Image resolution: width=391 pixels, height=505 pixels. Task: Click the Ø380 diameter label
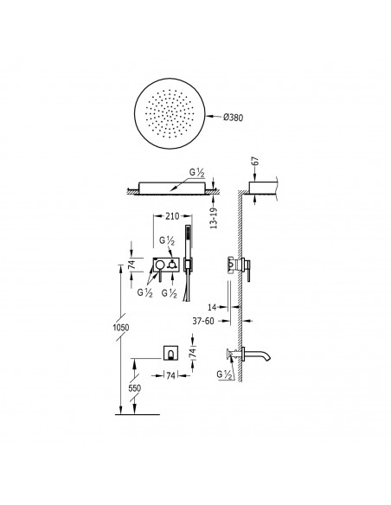[x=234, y=118]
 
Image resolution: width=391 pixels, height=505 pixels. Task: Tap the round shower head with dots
[x=170, y=113]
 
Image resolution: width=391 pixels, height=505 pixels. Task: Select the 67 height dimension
[x=255, y=161]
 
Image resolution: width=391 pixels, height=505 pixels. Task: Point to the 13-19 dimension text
[x=214, y=218]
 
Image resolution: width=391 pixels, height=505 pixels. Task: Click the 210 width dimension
[x=172, y=216]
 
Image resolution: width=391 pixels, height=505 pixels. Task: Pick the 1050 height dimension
[x=121, y=328]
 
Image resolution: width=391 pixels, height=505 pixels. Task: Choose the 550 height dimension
[x=135, y=388]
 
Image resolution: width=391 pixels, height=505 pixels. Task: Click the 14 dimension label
[x=212, y=307]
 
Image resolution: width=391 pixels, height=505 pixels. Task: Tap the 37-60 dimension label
[x=203, y=321]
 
